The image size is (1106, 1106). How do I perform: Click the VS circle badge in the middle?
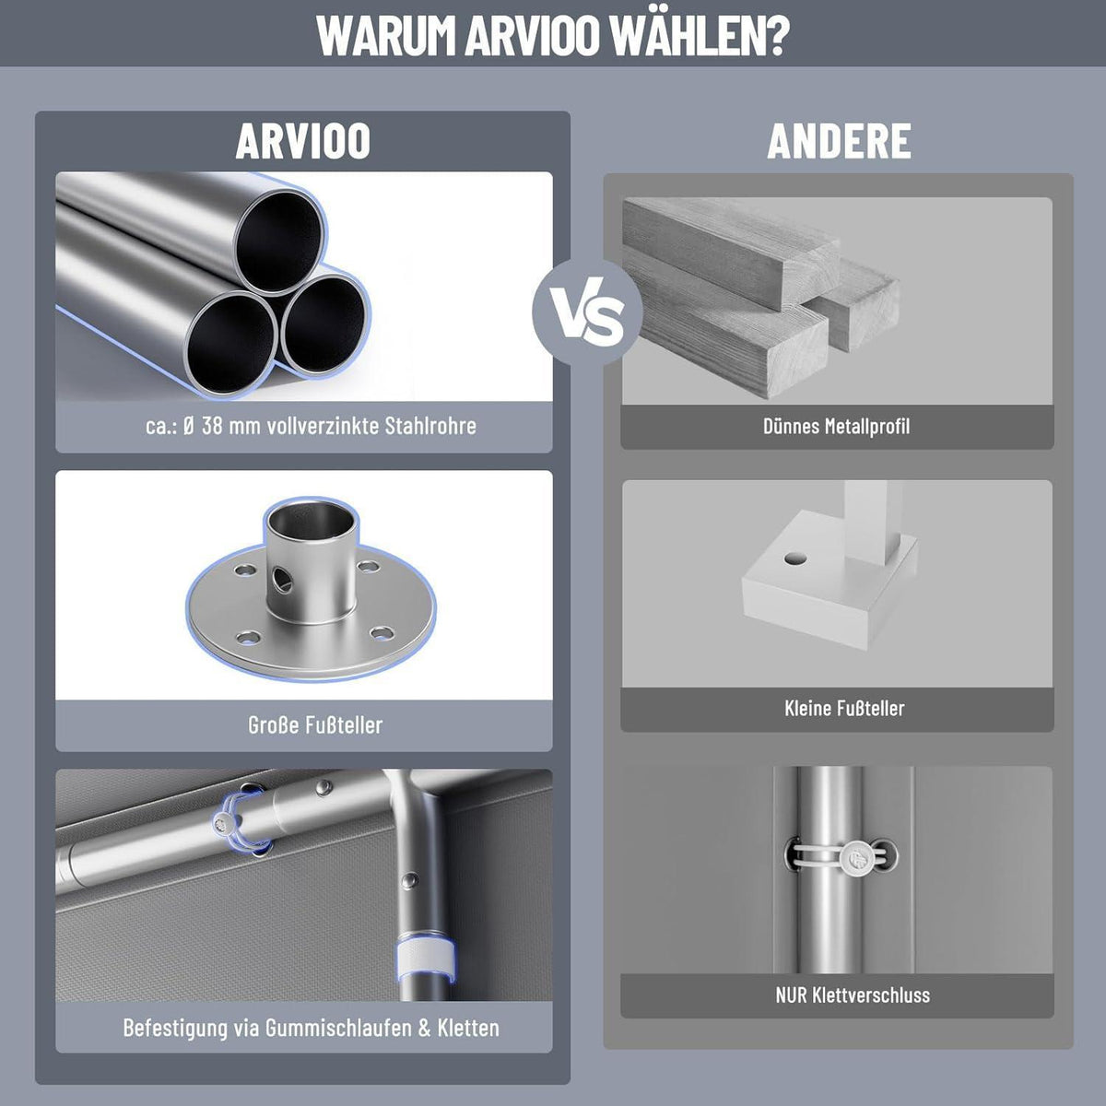[x=587, y=312]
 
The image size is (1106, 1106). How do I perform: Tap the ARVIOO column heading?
[x=302, y=141]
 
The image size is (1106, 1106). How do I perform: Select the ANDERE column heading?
[x=839, y=141]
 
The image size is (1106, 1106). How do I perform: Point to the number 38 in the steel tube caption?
[x=212, y=426]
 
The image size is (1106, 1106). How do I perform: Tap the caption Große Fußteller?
[x=315, y=725]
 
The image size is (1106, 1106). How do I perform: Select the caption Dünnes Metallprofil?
[x=836, y=427]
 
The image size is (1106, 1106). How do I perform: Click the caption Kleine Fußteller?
[x=844, y=708]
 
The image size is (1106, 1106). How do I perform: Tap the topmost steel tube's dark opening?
[x=279, y=241]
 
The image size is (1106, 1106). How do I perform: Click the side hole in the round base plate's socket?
[x=282, y=580]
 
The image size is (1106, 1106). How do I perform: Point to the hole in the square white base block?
[x=795, y=558]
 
